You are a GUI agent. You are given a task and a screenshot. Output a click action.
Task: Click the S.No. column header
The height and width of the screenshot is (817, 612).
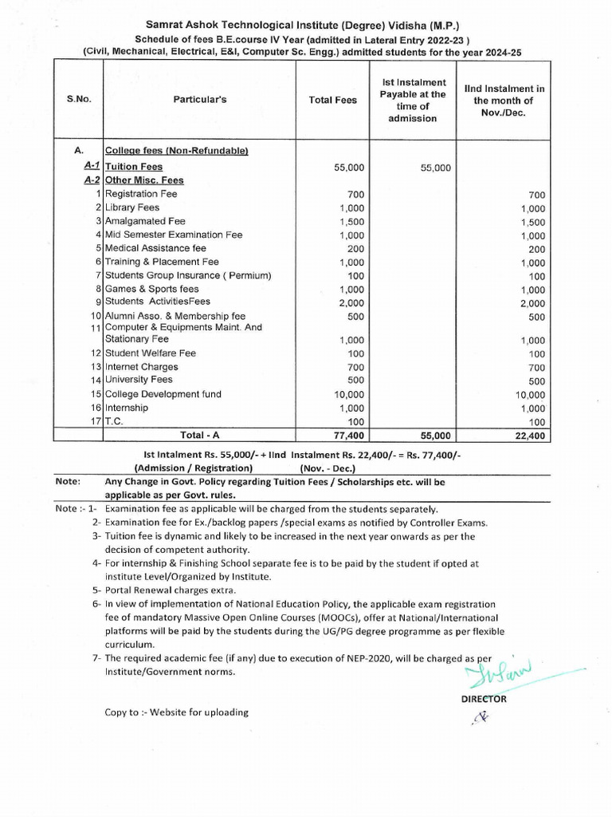pos(79,101)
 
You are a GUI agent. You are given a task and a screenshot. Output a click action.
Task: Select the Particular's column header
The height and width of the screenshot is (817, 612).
pos(200,101)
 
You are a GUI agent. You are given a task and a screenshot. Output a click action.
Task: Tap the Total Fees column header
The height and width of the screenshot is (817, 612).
pos(333,101)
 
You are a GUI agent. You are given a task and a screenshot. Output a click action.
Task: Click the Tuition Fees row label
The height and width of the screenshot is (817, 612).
pos(134,167)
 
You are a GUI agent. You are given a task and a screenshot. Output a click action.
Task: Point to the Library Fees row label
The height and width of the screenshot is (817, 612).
pos(132,207)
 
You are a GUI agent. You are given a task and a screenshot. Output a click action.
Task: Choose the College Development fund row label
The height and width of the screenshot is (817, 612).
pos(163,394)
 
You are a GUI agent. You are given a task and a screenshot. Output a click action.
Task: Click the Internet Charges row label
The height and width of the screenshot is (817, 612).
pos(142,367)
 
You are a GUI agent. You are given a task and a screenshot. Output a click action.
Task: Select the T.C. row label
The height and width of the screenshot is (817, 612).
pos(114,421)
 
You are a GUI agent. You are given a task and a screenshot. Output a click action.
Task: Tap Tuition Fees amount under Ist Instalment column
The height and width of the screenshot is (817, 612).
pos(435,168)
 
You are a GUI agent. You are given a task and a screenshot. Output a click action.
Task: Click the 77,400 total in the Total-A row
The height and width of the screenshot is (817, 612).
pos(347,436)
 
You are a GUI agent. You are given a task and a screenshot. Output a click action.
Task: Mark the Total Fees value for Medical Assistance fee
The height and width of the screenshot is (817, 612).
pos(356,248)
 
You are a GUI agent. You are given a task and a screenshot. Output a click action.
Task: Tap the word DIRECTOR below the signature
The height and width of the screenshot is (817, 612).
pos(484,699)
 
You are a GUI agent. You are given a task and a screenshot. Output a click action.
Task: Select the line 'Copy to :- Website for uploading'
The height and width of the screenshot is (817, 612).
pos(177,712)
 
